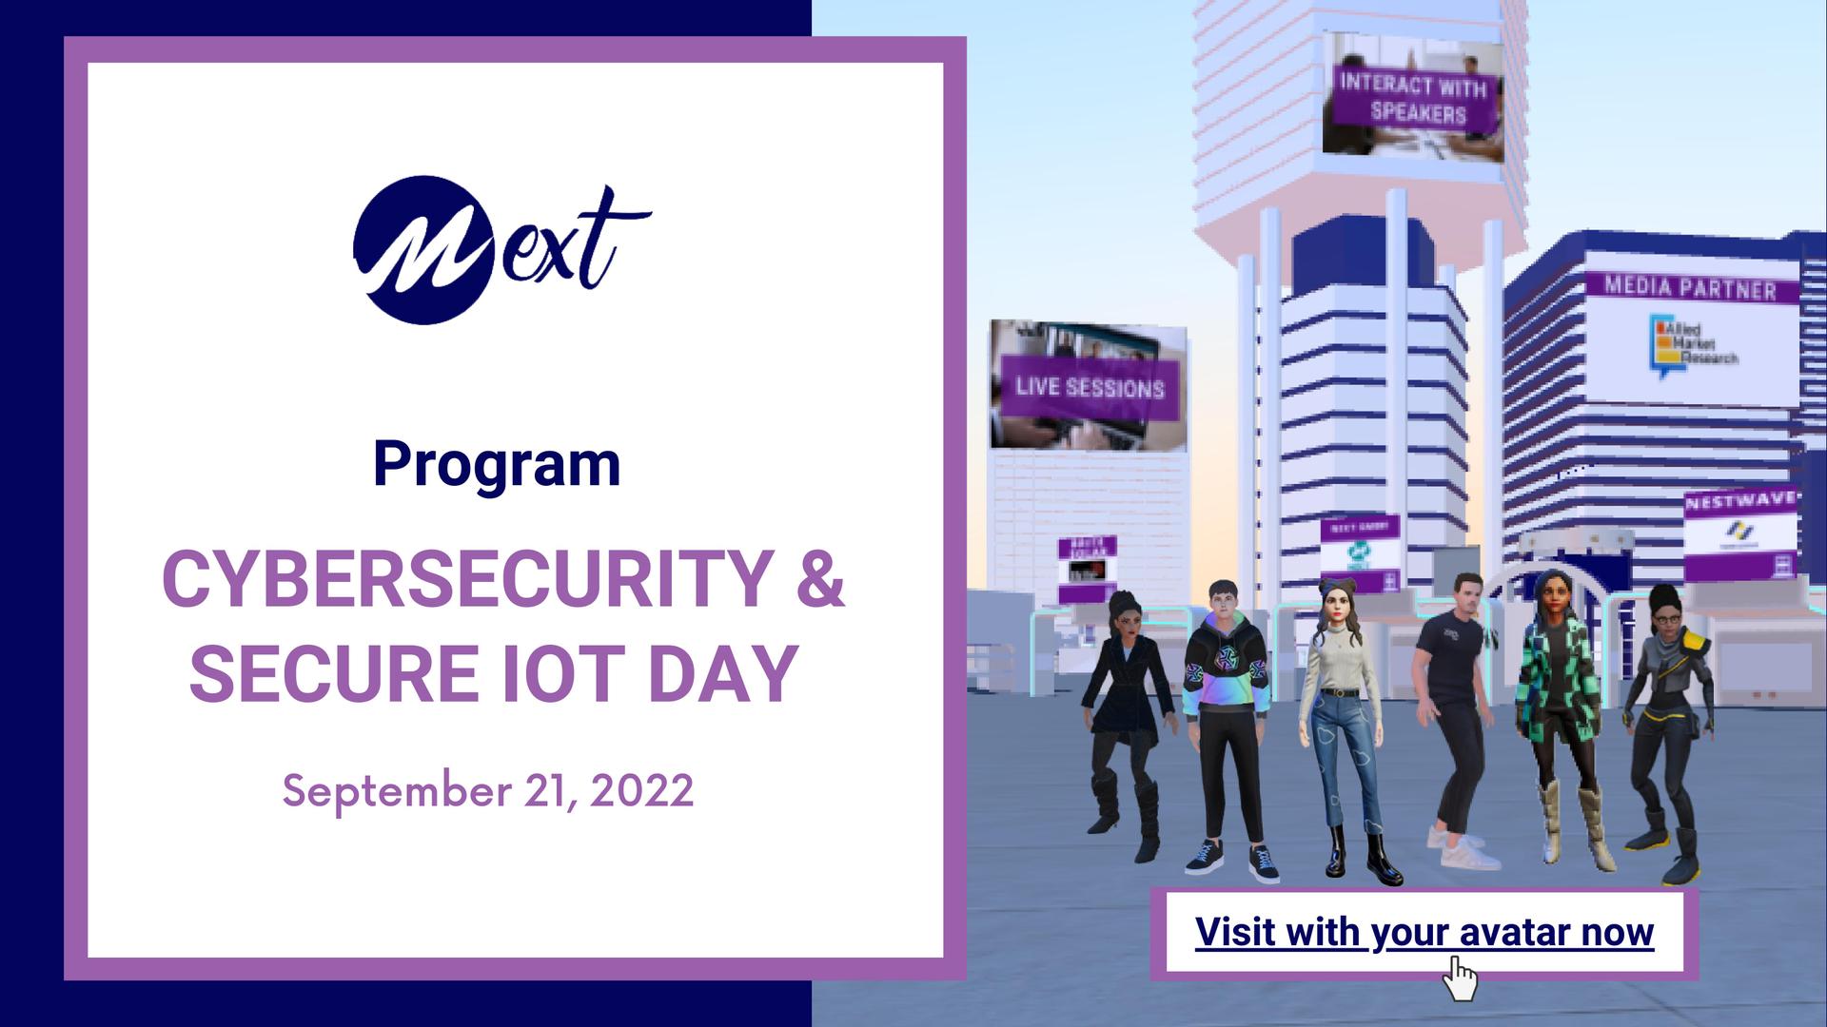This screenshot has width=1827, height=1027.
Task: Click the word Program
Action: tap(496, 464)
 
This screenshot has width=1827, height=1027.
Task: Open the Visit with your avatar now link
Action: tap(1424, 932)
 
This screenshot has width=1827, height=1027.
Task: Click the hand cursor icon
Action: tap(1460, 979)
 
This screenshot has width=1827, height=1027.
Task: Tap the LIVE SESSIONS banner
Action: tap(1090, 388)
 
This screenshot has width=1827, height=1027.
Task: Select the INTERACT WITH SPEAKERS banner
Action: tap(1413, 98)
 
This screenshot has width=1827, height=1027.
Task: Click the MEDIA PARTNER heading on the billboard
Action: tap(1690, 287)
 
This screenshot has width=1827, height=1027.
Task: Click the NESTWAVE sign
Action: tap(1740, 501)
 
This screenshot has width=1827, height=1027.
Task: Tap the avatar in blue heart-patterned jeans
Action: tap(1342, 723)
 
